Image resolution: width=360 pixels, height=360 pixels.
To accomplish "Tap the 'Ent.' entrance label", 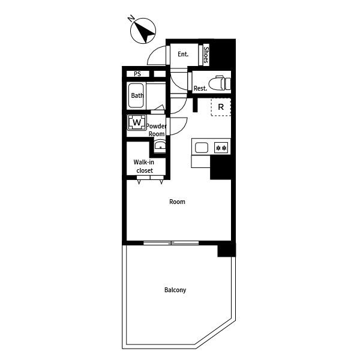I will (183, 54).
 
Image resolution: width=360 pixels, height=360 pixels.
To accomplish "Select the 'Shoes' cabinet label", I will (206, 55).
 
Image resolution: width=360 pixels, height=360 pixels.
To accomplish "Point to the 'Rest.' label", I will (200, 88).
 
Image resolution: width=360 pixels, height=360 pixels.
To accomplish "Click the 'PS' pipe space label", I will (137, 74).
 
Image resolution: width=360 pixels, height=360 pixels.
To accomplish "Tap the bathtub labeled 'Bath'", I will (137, 95).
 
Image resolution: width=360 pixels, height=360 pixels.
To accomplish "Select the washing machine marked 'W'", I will (137, 122).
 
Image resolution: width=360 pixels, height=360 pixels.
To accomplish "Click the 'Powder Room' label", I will (157, 130).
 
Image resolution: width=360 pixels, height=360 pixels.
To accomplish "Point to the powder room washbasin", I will (160, 146).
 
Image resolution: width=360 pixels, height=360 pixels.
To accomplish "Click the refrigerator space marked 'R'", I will (221, 107).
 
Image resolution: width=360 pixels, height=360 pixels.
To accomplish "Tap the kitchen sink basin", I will (201, 147).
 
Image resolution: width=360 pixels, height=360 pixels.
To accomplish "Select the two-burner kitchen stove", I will (221, 147).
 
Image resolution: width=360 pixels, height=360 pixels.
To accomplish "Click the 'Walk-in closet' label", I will (144, 166).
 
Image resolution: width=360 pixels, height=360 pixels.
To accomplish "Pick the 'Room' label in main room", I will (177, 202).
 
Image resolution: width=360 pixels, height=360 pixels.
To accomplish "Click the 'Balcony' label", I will (175, 290).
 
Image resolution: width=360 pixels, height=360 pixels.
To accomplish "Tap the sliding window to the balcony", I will (171, 242).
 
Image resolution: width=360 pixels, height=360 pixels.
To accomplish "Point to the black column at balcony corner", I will (226, 250).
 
